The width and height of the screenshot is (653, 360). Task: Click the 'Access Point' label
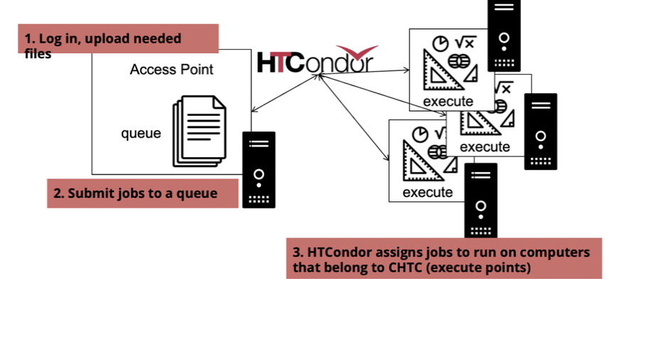[x=171, y=70]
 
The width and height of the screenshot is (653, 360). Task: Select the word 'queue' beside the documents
[x=141, y=133]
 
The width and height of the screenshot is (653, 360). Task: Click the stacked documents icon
[x=198, y=131]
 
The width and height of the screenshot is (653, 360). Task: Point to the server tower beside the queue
[x=258, y=169]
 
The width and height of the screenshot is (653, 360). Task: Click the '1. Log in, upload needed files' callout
[x=118, y=39]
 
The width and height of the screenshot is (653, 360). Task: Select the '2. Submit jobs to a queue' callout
[x=142, y=194]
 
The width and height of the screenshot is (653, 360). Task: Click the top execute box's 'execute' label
[x=447, y=102]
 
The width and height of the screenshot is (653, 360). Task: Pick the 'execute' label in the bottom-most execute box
[x=428, y=192]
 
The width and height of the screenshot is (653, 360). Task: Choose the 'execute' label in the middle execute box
[x=484, y=147]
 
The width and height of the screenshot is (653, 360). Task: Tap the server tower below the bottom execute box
[x=481, y=201]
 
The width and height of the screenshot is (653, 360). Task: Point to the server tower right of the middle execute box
[x=541, y=132]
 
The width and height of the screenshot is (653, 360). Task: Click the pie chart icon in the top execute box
[x=442, y=43]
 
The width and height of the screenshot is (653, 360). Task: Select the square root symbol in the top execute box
[x=465, y=43]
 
